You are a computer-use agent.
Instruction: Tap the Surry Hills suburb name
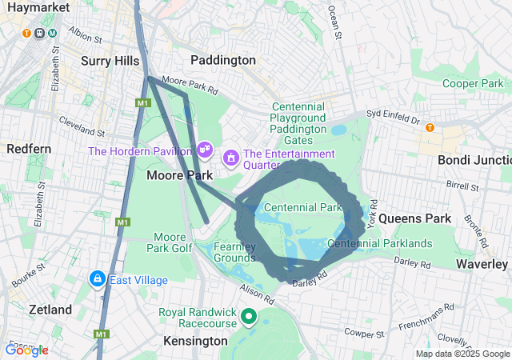pyautogui.click(x=110, y=60)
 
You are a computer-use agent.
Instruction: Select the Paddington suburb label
pyautogui.click(x=223, y=60)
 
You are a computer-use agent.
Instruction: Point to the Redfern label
pyautogui.click(x=29, y=149)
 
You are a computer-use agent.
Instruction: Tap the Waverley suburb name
pyautogui.click(x=482, y=263)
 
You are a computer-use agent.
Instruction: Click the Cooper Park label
pyautogui.click(x=473, y=83)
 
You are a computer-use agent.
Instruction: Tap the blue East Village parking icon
pyautogui.click(x=97, y=278)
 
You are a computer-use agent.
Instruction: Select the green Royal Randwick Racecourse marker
pyautogui.click(x=249, y=317)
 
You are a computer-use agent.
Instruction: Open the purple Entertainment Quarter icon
pyautogui.click(x=230, y=157)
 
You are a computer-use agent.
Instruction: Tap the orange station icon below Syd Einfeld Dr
pyautogui.click(x=430, y=127)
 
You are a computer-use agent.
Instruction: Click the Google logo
pyautogui.click(x=26, y=350)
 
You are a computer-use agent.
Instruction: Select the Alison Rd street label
pyautogui.click(x=257, y=297)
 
